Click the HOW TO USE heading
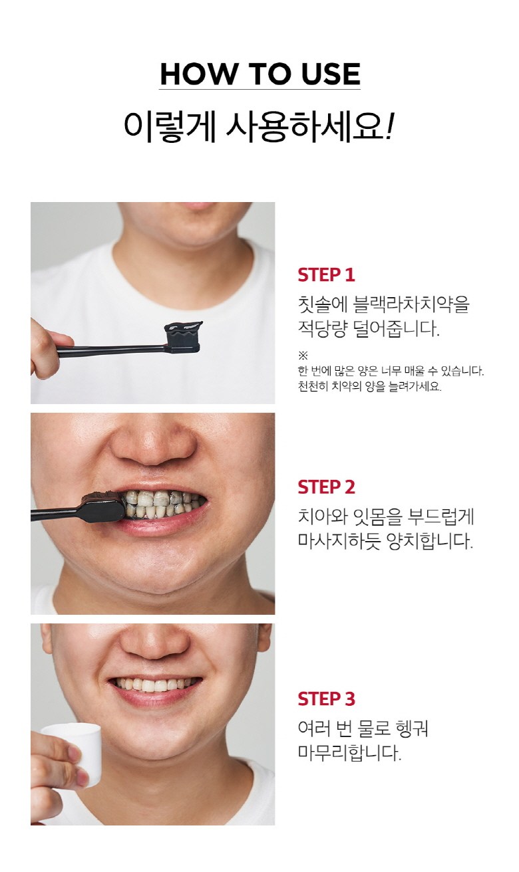click(x=259, y=74)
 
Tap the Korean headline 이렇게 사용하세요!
click(x=259, y=126)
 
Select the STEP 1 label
click(x=326, y=275)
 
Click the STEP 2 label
click(x=326, y=487)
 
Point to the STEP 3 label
click(x=326, y=699)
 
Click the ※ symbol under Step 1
click(x=303, y=356)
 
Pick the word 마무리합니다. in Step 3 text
click(x=350, y=754)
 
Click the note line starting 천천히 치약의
click(x=369, y=387)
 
